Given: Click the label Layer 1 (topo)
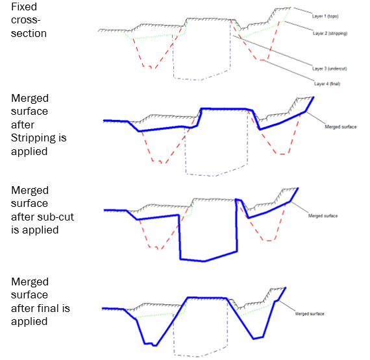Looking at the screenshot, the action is click(x=325, y=16).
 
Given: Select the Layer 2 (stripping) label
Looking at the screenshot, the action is click(x=330, y=33).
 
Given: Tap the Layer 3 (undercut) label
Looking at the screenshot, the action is click(x=329, y=69).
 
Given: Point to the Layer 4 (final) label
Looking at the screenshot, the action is click(x=327, y=84).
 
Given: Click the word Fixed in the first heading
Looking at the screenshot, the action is click(x=24, y=7).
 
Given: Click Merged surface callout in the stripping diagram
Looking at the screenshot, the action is click(x=341, y=127).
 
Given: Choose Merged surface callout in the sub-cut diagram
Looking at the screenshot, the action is click(x=323, y=216).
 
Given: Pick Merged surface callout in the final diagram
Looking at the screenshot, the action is click(x=310, y=314).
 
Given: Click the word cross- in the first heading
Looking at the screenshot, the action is click(x=26, y=20).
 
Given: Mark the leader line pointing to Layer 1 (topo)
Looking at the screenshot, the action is click(x=302, y=10).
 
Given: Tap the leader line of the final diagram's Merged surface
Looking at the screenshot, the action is click(x=287, y=306).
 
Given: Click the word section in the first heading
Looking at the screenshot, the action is click(x=29, y=34).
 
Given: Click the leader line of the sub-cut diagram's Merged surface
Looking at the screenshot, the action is click(x=299, y=208).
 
